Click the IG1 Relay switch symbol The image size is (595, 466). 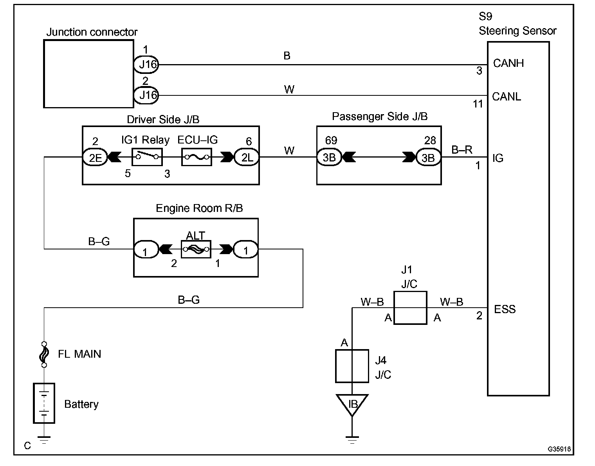click(147, 157)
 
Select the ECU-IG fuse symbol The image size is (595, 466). click(197, 157)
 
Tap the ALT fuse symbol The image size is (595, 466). click(196, 249)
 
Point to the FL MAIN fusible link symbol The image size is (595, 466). click(44, 354)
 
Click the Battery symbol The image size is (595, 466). click(44, 403)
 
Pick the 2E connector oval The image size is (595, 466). click(94, 158)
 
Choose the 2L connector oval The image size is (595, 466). click(246, 158)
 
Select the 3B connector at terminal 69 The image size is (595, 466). click(329, 158)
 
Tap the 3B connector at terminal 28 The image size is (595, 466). click(428, 158)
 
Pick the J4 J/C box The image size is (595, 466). click(352, 366)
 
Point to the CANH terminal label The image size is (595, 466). click(508, 63)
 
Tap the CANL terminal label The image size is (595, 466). click(507, 97)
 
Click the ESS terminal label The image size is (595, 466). click(505, 310)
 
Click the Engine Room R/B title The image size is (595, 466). click(199, 208)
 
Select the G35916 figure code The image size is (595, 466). click(559, 449)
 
